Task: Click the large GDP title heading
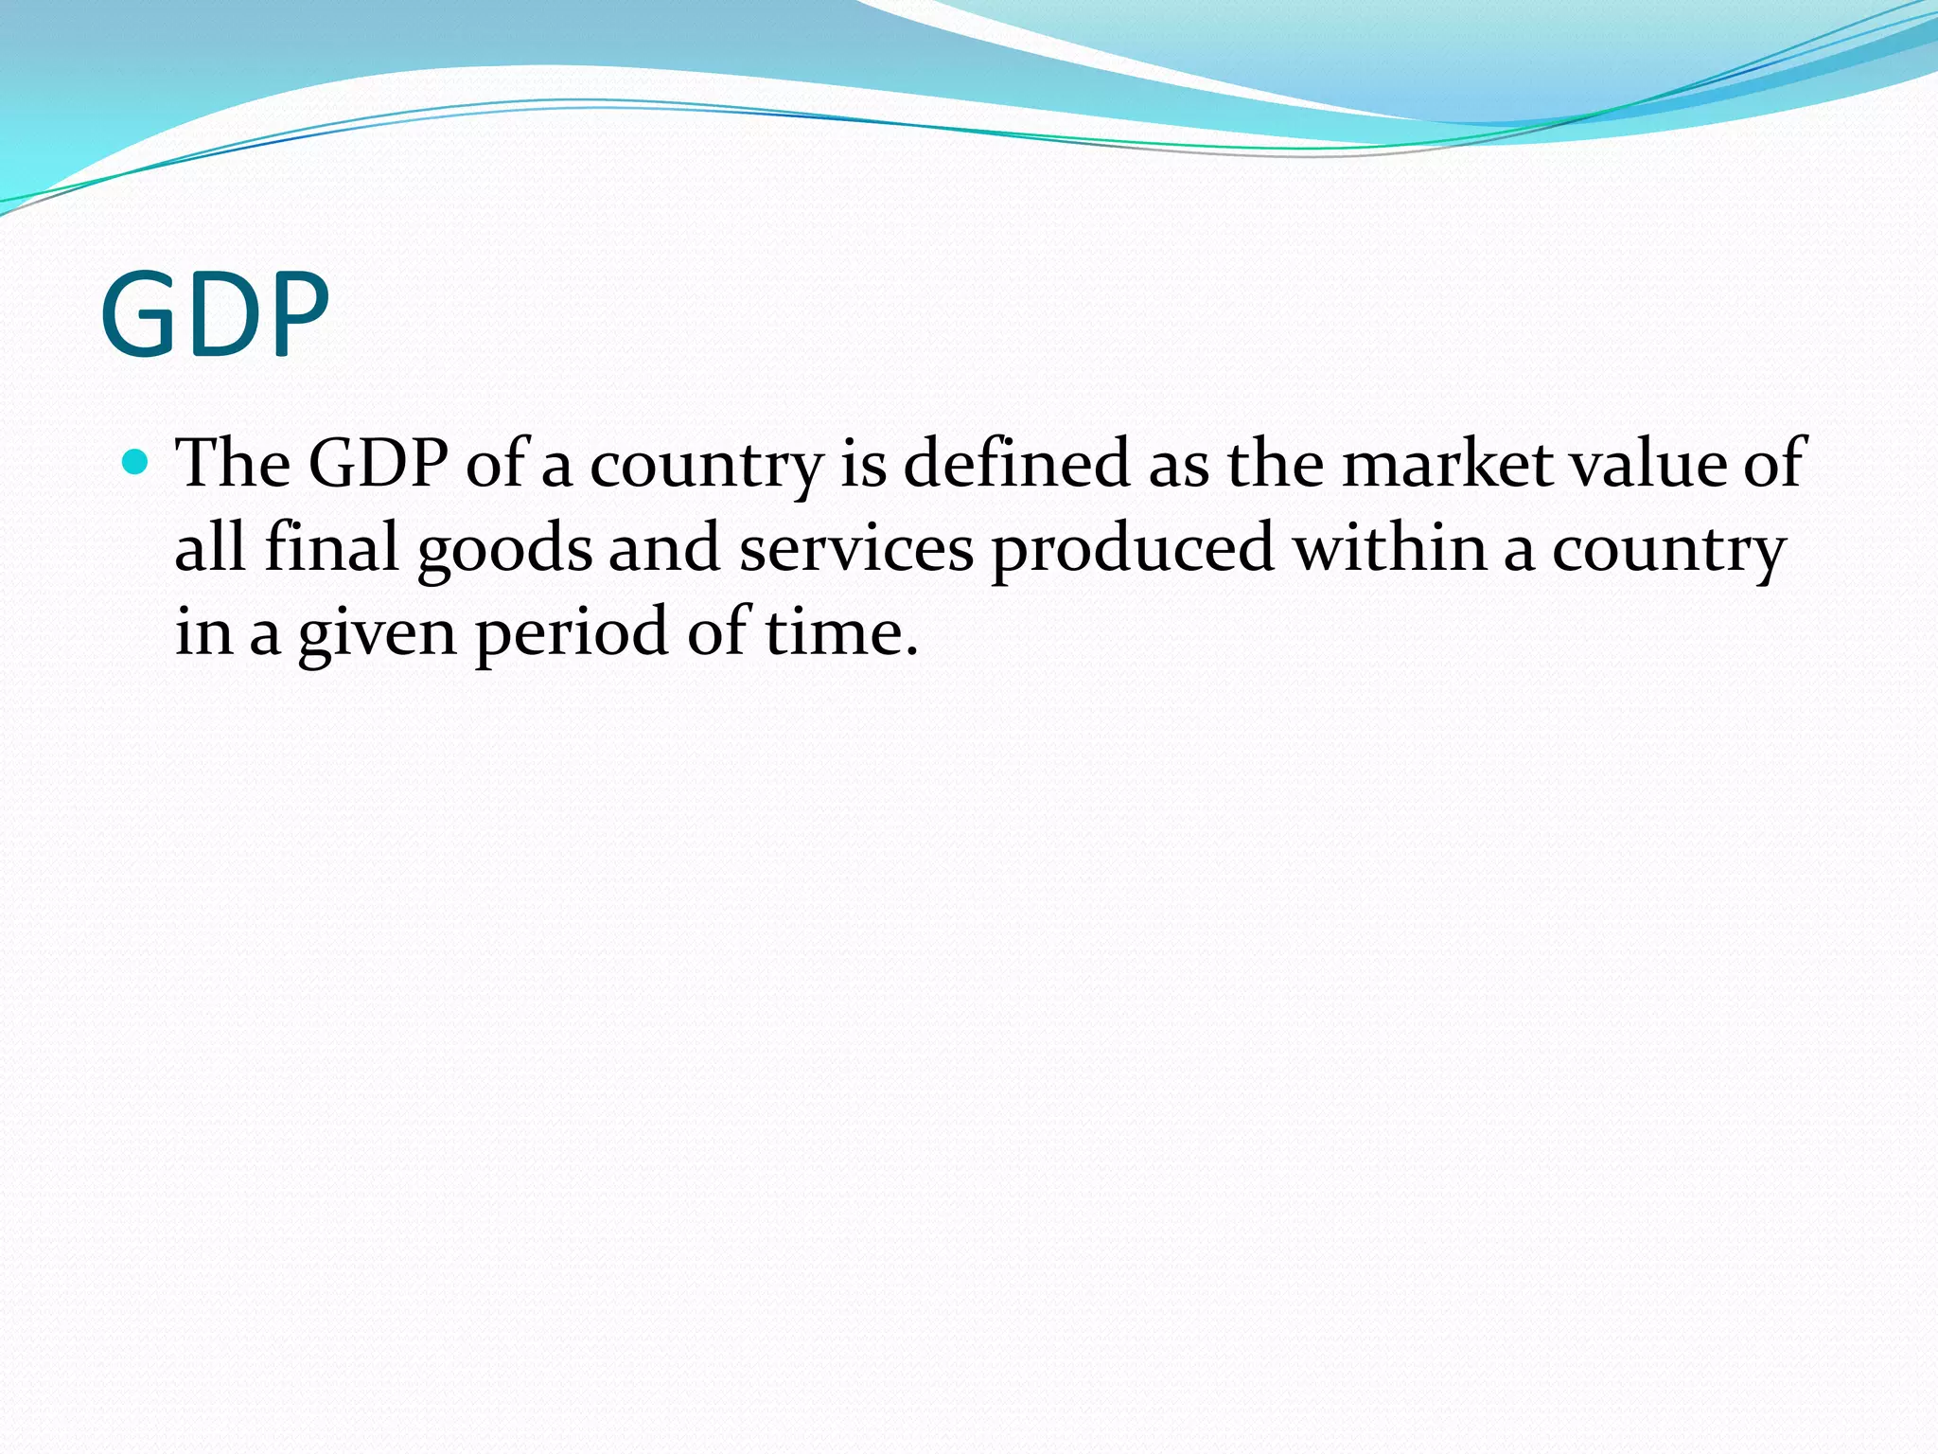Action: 216,314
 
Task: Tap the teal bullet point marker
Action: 136,463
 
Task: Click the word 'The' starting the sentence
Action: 233,463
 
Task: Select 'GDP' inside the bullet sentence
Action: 379,463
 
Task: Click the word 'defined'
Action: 1017,463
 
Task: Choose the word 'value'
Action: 1647,463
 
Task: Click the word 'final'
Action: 331,548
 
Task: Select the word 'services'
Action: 855,548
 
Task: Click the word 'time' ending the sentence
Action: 833,632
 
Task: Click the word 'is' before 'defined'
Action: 863,463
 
